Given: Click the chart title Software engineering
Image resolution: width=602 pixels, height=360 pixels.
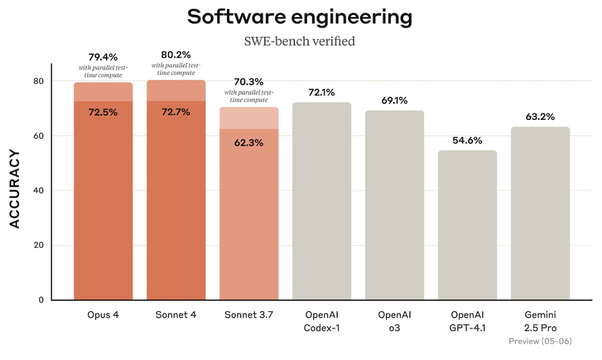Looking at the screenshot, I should pos(300,17).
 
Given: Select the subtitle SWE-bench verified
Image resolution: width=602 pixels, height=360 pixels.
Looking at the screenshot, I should pos(299,42).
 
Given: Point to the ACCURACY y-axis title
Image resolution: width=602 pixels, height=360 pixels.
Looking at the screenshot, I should pos(15,189).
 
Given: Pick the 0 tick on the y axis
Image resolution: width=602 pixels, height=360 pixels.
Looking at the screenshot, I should pos(40,300).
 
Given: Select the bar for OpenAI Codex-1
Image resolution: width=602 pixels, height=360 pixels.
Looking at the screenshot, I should pos(321,202).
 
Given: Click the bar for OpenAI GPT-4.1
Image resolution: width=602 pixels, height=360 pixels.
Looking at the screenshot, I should pos(467,226).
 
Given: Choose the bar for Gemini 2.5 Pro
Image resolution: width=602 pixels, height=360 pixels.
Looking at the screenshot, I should pos(540,214).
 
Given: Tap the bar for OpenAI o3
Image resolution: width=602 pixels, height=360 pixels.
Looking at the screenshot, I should pos(394,205).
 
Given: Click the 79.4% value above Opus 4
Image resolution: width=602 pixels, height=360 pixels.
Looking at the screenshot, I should pos(103,57).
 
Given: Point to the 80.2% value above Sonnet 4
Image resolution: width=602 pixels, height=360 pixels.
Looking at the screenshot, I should pos(176,55).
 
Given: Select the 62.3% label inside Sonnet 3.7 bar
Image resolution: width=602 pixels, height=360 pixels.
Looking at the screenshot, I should pos(249,143).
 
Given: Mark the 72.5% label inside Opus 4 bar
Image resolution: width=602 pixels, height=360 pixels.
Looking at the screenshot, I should pos(103,112).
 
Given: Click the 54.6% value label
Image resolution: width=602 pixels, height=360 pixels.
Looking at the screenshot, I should pos(467,141).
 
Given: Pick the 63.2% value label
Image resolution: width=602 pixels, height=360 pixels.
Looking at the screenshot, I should pos(540,117).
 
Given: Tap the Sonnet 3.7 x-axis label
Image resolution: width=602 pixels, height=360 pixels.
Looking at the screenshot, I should pos(249,315).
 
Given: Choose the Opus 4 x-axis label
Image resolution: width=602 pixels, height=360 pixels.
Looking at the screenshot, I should pos(103,315).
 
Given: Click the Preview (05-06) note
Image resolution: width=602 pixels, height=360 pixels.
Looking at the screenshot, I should pos(540,341).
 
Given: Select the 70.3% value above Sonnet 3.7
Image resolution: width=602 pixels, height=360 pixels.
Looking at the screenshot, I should pos(249,82).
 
